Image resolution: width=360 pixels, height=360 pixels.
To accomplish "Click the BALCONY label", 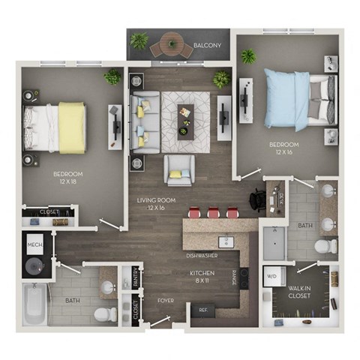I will pos(206,46).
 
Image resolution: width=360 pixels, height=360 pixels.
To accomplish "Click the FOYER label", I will pos(166,301).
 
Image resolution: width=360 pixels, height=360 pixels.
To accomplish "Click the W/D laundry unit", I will pos(271,277).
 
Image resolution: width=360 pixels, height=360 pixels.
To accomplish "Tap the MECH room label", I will pos(34,245).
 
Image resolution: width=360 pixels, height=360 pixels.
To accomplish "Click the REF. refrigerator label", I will pos(202,308).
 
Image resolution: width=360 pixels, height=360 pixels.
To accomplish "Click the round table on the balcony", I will pos(171,43).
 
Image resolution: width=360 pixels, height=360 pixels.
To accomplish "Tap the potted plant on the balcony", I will pos(139,40).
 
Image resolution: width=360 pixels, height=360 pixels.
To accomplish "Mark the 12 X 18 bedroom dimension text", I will pos(67,182).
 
